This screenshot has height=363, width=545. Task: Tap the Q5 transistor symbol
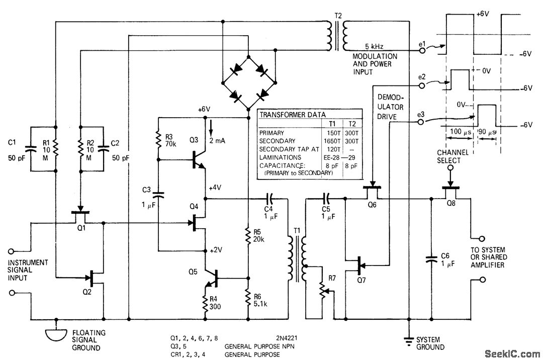click(x=211, y=278)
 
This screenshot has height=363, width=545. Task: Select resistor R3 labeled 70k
click(x=159, y=139)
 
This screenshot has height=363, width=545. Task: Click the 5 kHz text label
click(x=375, y=47)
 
